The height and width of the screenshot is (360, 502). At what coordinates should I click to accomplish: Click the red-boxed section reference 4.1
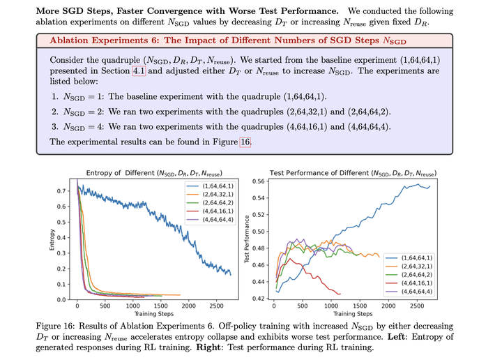pyautogui.click(x=139, y=70)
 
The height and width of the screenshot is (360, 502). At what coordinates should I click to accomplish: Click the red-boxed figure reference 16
pyautogui.click(x=245, y=142)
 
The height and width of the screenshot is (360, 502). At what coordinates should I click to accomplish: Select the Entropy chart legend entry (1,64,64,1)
pyautogui.click(x=211, y=186)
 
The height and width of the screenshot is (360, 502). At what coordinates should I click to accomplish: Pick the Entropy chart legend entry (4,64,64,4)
pyautogui.click(x=211, y=219)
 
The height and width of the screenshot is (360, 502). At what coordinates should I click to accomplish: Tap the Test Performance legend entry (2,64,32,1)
pyautogui.click(x=409, y=266)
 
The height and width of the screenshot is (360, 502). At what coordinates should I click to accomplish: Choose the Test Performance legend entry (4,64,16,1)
pyautogui.click(x=409, y=283)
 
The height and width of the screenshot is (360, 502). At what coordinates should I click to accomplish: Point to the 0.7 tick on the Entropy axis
pyautogui.click(x=61, y=191)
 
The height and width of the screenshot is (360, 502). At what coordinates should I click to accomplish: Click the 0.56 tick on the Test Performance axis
pyautogui.click(x=259, y=181)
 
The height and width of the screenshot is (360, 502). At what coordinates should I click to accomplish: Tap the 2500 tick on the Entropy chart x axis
pyautogui.click(x=216, y=306)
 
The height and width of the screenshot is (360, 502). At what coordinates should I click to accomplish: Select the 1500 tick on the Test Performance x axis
pyautogui.click(x=360, y=306)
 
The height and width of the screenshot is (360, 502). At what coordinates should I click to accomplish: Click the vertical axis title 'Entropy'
pyautogui.click(x=52, y=239)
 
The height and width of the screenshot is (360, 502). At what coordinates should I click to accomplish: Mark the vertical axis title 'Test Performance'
pyautogui.click(x=247, y=239)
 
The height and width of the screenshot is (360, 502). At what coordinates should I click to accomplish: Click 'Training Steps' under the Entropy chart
pyautogui.click(x=154, y=314)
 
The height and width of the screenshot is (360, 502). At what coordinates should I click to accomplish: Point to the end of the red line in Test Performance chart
pyautogui.click(x=340, y=294)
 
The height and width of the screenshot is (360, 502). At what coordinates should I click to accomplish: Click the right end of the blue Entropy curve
pyautogui.click(x=231, y=275)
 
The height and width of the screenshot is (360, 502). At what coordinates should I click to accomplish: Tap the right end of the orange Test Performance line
pyautogui.click(x=379, y=257)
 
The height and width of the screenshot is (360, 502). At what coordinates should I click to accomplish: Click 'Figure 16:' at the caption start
pyautogui.click(x=55, y=326)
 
